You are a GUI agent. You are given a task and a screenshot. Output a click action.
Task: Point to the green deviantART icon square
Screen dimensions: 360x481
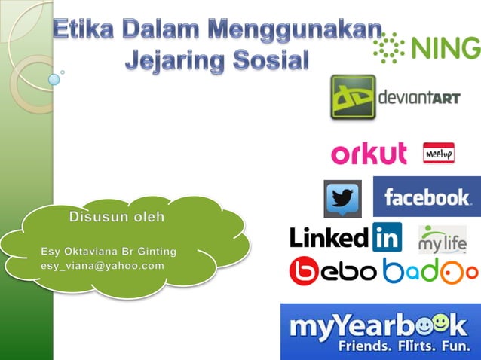click(x=352, y=96)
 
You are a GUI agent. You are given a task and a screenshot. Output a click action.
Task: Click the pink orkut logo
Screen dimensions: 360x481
click(x=369, y=153)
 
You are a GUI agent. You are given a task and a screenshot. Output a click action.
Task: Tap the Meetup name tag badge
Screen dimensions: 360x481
click(x=438, y=153)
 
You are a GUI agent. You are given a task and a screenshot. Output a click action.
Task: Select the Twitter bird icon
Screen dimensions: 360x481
click(x=342, y=199)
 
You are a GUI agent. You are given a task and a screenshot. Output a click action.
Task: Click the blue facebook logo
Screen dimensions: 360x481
click(x=427, y=197)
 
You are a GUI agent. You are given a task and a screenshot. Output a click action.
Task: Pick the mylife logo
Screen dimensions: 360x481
click(x=443, y=239)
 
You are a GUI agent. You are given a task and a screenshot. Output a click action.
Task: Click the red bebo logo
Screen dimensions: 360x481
click(x=332, y=271)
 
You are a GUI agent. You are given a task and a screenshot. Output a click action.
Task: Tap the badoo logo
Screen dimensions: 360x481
click(x=430, y=271)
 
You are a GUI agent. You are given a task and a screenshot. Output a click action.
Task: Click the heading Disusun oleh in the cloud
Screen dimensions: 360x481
click(x=127, y=218)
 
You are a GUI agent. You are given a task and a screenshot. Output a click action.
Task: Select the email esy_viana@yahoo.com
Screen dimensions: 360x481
click(x=103, y=266)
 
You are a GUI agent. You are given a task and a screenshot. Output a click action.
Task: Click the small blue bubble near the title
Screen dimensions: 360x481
click(x=54, y=78)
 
